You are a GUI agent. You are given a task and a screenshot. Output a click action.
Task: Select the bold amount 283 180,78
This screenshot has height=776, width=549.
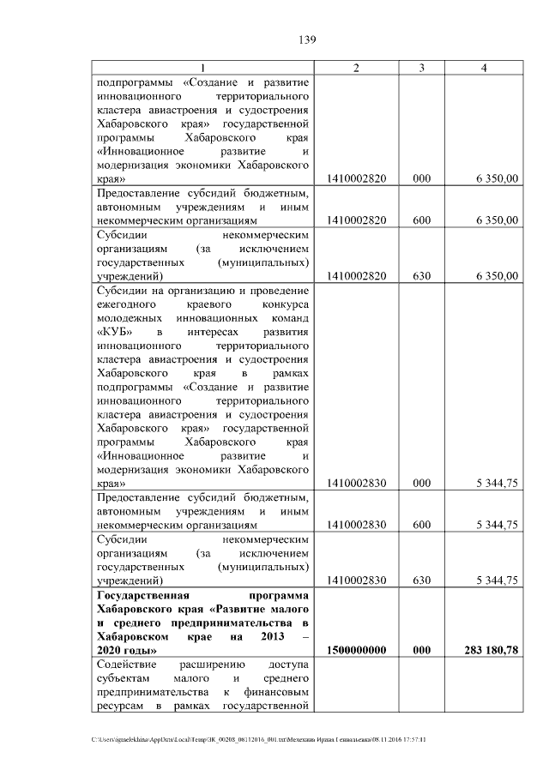[x=488, y=651]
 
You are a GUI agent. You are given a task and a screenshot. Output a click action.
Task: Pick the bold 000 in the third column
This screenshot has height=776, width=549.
[x=421, y=651]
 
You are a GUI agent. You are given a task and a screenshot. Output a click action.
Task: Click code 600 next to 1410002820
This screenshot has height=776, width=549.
[x=421, y=220]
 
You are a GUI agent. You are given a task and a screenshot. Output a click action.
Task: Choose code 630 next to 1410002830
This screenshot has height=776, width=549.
[x=421, y=580]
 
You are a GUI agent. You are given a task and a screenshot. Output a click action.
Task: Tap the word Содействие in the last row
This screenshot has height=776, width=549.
[x=126, y=665]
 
